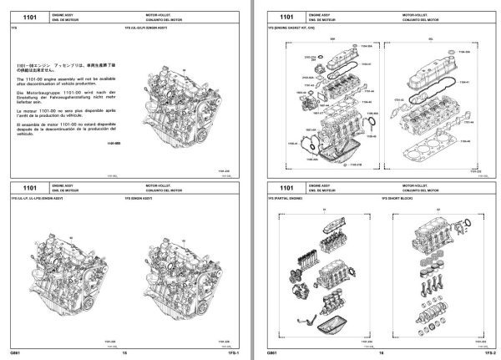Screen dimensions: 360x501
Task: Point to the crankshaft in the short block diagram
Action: tap(438, 318)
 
